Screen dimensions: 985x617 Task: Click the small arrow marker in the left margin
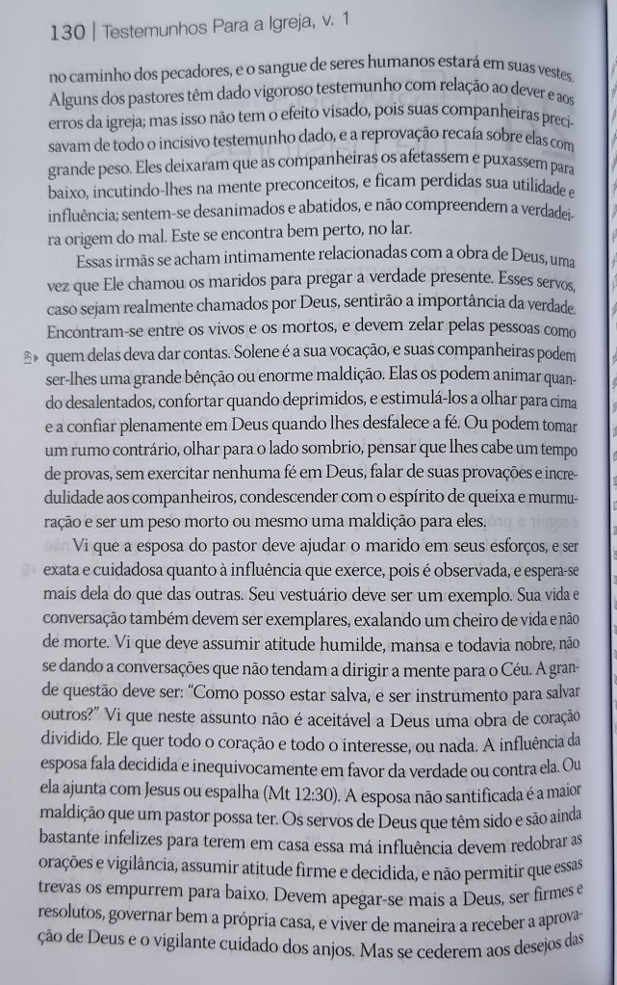coord(36,356)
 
